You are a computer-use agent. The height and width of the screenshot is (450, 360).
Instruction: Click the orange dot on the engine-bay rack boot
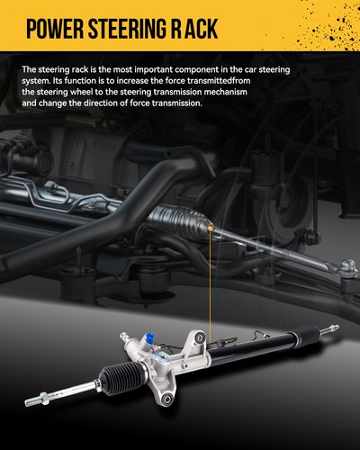coord(210,229)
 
